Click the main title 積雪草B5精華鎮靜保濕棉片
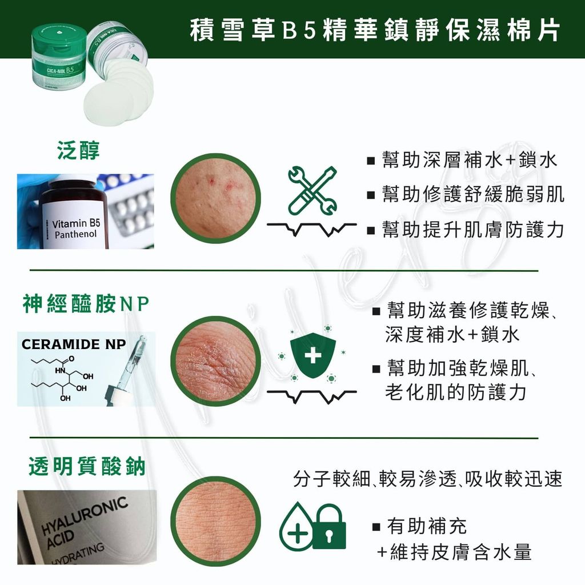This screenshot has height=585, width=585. [375, 30]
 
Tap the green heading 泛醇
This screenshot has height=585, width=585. [78, 150]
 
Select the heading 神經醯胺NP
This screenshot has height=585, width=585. [86, 304]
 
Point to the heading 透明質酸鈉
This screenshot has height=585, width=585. [87, 466]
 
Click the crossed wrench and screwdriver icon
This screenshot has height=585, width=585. [312, 190]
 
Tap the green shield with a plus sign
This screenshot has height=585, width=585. [312, 354]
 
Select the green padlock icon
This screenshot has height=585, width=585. [329, 526]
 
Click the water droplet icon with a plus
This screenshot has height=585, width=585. [296, 526]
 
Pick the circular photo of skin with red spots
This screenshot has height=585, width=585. [215, 198]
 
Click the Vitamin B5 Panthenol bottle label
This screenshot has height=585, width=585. [76, 229]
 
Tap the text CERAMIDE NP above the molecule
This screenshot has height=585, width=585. [74, 344]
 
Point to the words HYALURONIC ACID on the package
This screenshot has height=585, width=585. [84, 523]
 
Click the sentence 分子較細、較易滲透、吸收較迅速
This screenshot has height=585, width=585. [427, 479]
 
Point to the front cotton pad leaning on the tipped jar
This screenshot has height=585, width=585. [109, 103]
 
